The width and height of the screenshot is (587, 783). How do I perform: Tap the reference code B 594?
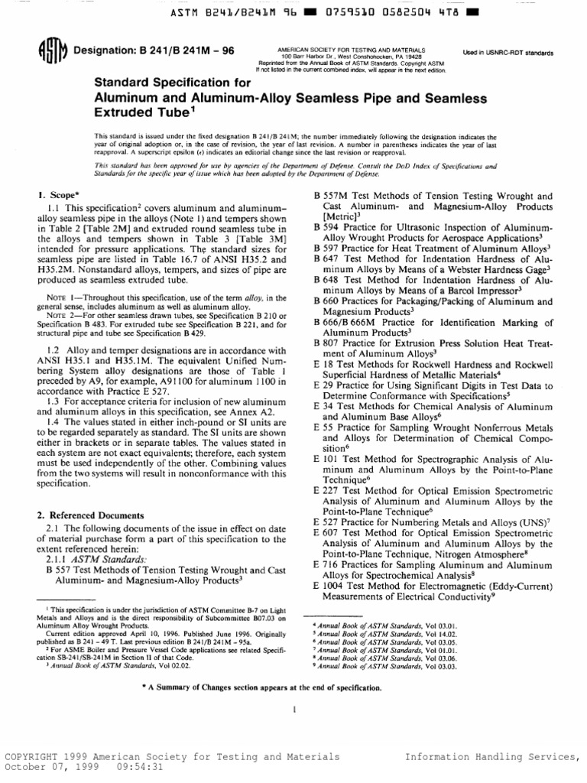tap(327, 228)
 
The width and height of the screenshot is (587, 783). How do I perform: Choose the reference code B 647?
tap(327, 259)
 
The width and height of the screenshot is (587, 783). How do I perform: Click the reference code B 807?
tap(327, 343)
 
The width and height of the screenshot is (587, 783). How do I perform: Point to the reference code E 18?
tap(326, 364)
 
